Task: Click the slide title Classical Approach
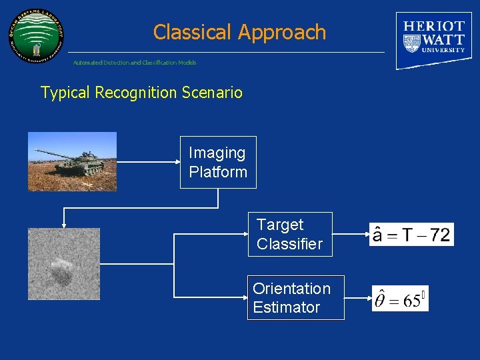(239, 32)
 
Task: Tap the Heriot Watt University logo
(433, 40)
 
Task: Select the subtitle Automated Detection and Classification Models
(135, 63)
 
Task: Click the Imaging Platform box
(218, 163)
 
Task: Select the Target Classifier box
(289, 235)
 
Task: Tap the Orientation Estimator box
(295, 298)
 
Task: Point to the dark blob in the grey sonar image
(62, 274)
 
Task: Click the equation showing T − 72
(411, 235)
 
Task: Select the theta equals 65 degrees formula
(399, 299)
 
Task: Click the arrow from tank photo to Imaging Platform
(150, 161)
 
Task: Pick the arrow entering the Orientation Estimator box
(210, 297)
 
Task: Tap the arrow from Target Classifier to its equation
(351, 235)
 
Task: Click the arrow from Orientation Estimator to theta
(359, 298)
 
